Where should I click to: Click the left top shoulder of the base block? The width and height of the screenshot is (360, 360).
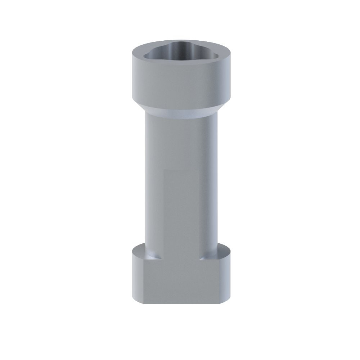(144, 250)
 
